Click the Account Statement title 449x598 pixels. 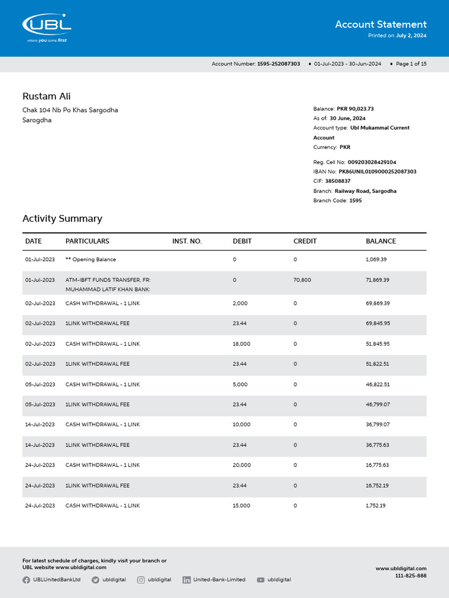coord(381,25)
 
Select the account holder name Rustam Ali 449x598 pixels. coord(46,96)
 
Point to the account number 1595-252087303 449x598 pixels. coord(278,64)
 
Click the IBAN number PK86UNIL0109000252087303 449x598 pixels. coord(378,172)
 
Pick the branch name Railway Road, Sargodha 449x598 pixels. coord(365,191)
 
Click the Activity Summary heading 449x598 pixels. coord(62,218)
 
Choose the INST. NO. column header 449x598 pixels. coord(186,241)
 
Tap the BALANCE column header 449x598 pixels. coord(381,241)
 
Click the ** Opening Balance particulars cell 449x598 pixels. coord(91,259)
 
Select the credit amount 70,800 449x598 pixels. coord(302,280)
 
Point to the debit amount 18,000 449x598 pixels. coord(241,344)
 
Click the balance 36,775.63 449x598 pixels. coord(377,445)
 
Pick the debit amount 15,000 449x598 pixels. coord(241,506)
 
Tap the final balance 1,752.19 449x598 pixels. coord(375,506)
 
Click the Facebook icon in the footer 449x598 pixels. coord(26,580)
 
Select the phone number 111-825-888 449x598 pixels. coord(410,576)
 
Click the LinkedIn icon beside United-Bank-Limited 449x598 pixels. coord(186,580)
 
